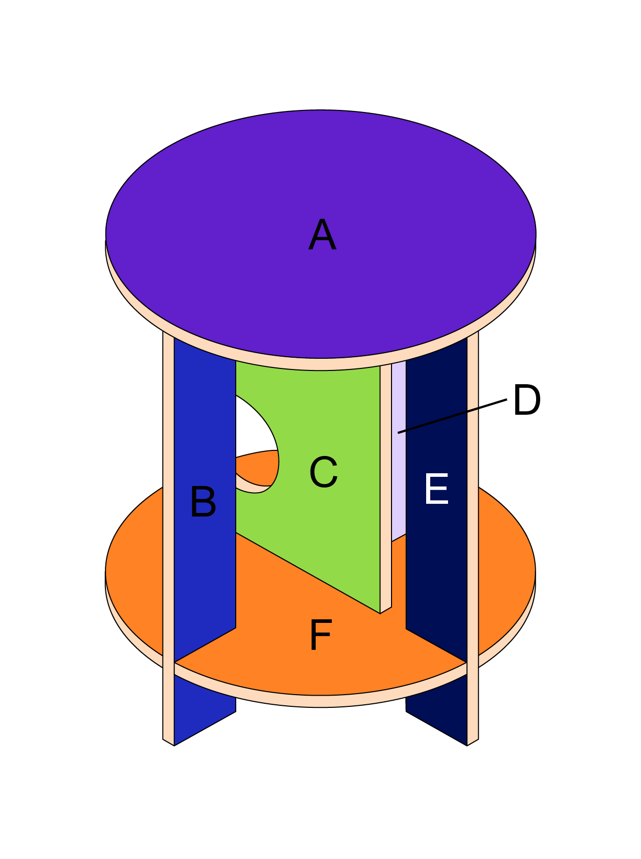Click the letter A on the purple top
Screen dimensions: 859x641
pos(322,235)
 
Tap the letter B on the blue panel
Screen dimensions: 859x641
pos(203,502)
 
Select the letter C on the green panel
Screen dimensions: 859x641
pos(323,472)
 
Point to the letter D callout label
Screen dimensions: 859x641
pos(526,400)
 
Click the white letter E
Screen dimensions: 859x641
pos(436,489)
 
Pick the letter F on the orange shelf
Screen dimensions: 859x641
pos(321,635)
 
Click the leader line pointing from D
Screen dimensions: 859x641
pos(453,416)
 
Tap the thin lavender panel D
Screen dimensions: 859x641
pos(398,458)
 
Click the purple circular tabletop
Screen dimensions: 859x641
pos(321,178)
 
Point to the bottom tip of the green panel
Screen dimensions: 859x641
pos(380,611)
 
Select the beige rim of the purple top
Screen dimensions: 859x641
pos(321,364)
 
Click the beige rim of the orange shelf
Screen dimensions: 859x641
pos(321,701)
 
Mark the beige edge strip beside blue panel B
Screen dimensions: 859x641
pos(168,509)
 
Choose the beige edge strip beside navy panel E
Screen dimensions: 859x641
pos(473,509)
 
